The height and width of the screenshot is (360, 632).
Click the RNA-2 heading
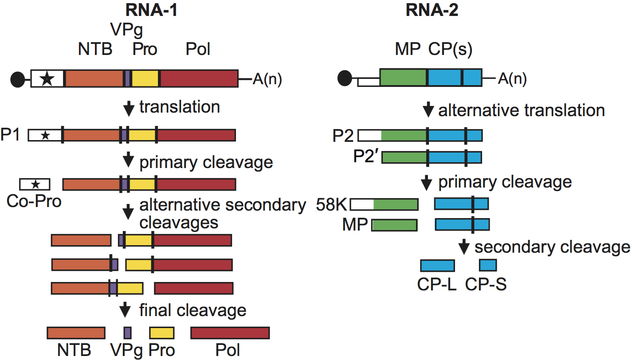[432, 10]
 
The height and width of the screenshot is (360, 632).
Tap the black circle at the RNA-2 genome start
[345, 79]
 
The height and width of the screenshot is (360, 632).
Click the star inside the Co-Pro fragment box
[35, 184]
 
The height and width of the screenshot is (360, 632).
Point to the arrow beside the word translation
[128, 108]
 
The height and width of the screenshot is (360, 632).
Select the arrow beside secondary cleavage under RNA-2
[464, 247]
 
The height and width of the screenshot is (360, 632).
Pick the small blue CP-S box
[488, 266]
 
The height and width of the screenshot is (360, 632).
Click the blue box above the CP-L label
[437, 266]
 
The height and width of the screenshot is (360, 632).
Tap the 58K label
[332, 204]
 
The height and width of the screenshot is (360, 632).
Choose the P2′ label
[366, 157]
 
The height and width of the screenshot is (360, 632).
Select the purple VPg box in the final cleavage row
[127, 333]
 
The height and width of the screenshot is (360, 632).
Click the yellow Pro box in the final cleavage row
[162, 333]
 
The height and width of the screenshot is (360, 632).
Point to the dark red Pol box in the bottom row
[230, 333]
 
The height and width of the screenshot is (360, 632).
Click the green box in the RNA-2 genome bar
[403, 77]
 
